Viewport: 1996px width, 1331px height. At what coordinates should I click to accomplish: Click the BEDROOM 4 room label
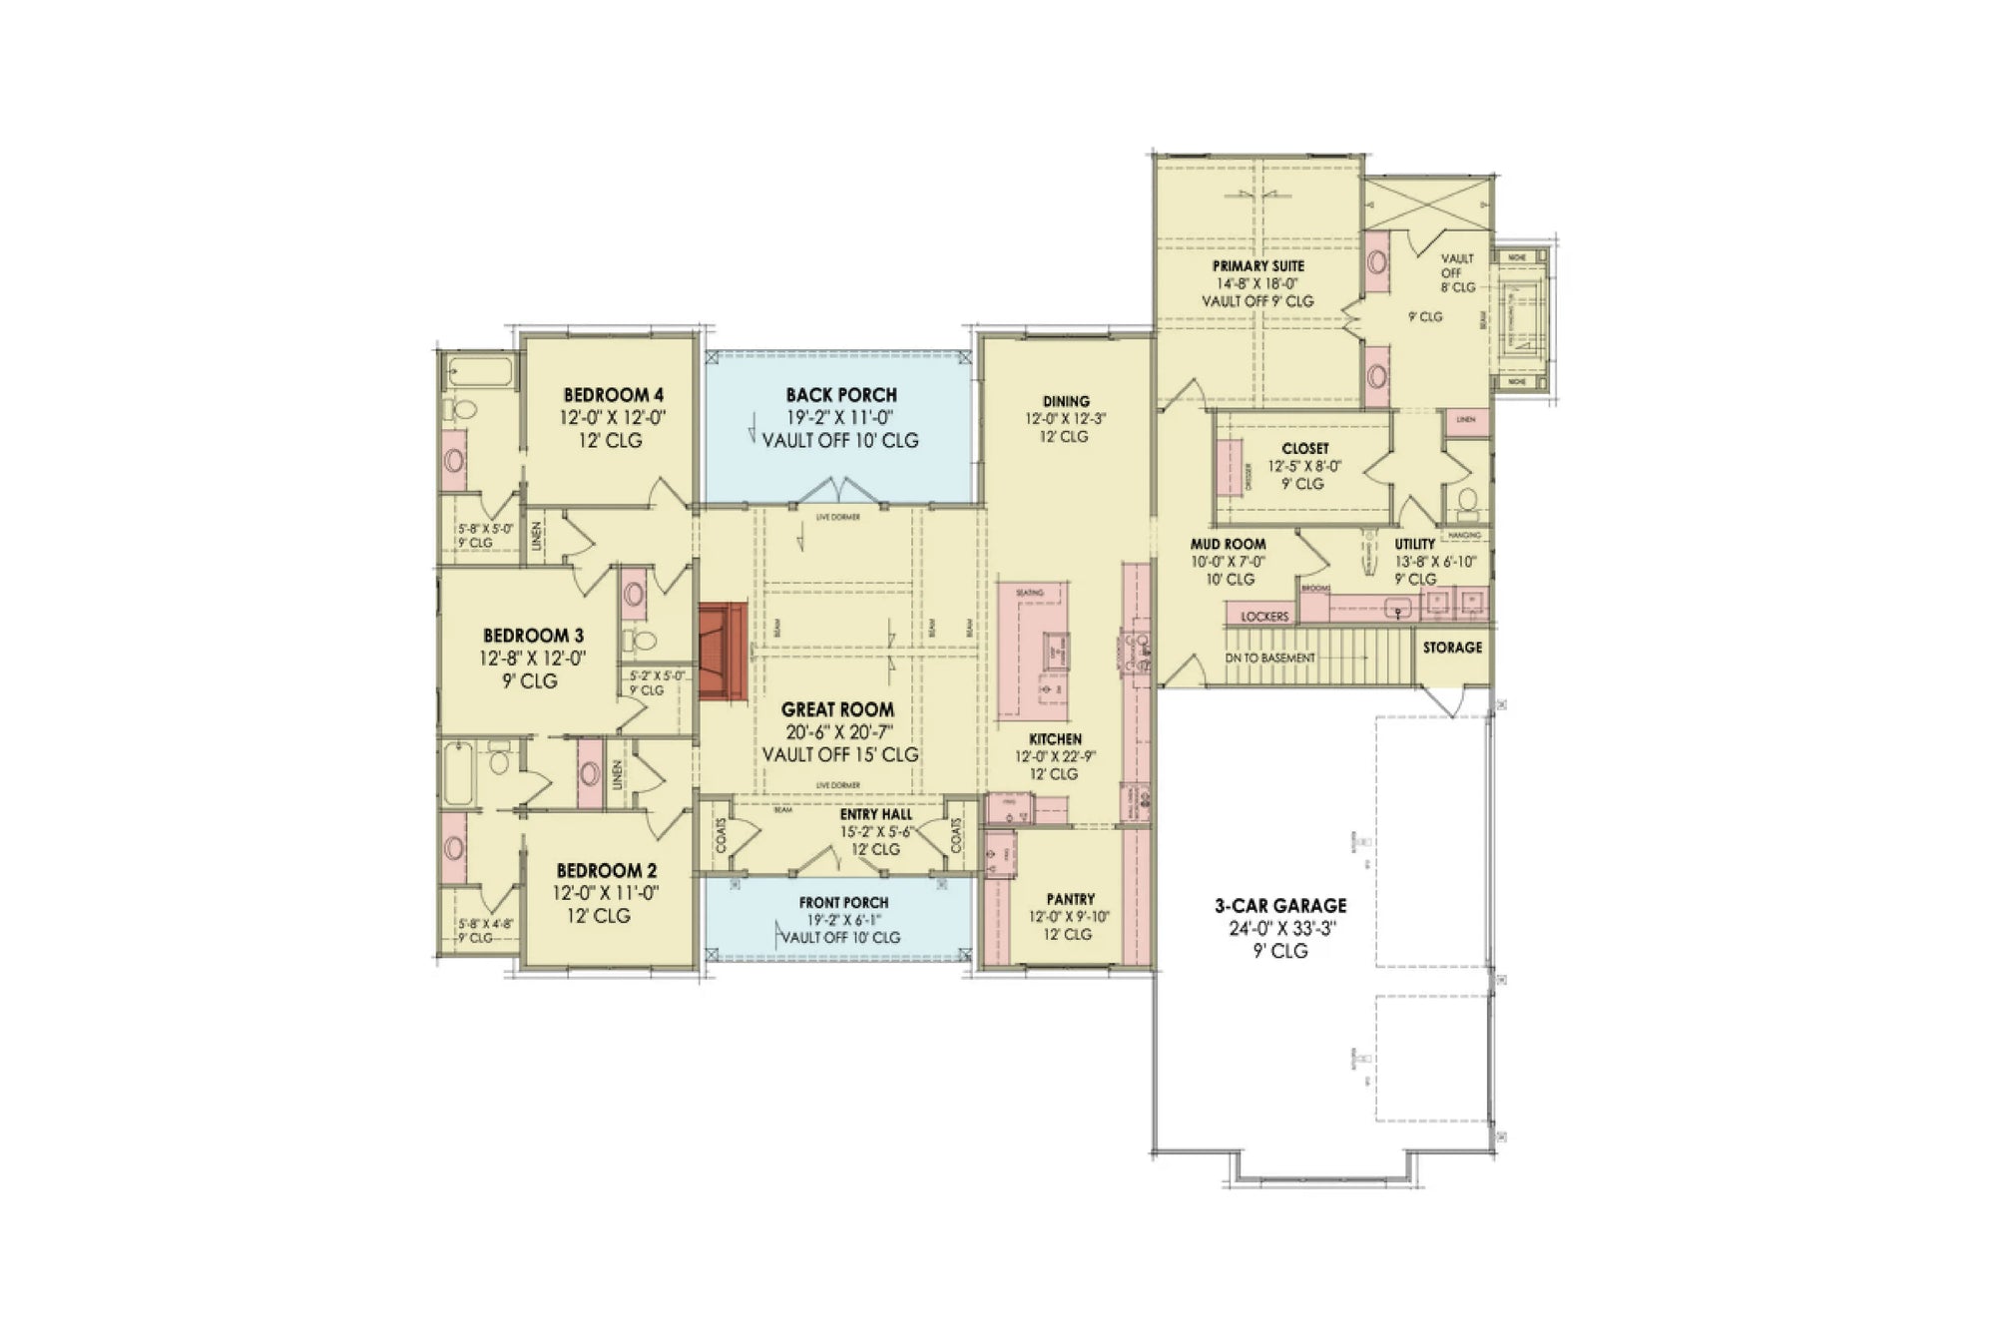(613, 395)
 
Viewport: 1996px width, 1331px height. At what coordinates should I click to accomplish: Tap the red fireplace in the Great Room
(724, 652)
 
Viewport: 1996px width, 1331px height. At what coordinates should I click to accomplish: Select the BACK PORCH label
(840, 395)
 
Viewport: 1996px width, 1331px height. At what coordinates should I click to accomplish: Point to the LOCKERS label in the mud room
(1264, 617)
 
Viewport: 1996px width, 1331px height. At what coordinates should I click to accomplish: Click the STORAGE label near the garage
(1452, 648)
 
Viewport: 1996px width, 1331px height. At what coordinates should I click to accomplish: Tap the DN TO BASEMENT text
(1270, 659)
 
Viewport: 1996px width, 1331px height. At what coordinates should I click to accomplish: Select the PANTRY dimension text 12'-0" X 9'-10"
(1069, 917)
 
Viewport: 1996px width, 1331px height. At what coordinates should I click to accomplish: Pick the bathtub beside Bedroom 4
(480, 372)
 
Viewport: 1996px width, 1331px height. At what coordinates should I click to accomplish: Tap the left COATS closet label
(721, 836)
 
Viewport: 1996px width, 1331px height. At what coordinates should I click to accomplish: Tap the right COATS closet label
(957, 836)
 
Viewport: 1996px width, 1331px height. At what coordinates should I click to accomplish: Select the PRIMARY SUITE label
(1257, 266)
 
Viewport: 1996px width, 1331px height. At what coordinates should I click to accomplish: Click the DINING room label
(1066, 401)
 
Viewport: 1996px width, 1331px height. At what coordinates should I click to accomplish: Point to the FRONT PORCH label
(843, 902)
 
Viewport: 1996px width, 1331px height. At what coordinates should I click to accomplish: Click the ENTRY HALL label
(875, 815)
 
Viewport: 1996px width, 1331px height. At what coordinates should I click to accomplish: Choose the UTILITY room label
(1414, 544)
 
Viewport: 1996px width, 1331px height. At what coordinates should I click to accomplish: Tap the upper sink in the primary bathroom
(1377, 262)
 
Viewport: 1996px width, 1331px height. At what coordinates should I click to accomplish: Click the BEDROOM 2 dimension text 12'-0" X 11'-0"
(607, 893)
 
